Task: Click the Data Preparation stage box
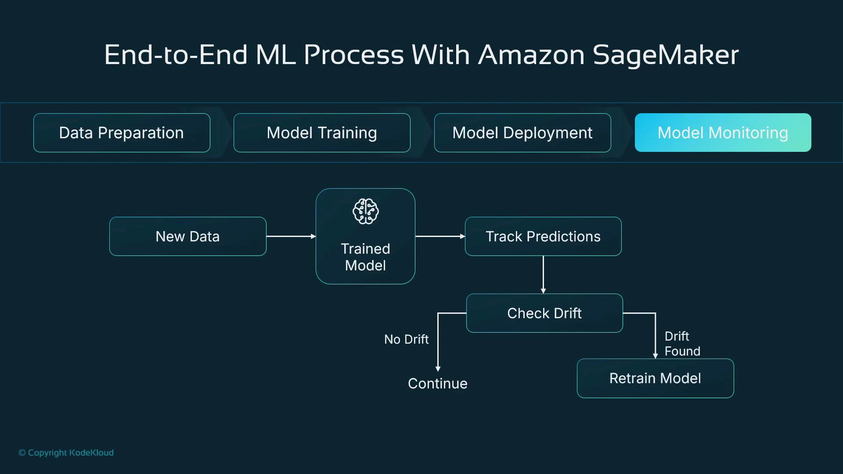tap(122, 133)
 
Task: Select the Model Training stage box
tap(322, 133)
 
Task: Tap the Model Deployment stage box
tap(522, 133)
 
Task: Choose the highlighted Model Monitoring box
tap(723, 133)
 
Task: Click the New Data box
tap(187, 237)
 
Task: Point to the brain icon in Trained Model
tap(365, 212)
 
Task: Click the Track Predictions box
tap(543, 237)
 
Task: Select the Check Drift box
tap(544, 313)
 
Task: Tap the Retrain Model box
tap(655, 378)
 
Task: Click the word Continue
tap(437, 384)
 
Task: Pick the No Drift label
tap(406, 339)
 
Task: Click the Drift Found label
tap(682, 344)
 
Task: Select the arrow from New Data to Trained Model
tap(291, 237)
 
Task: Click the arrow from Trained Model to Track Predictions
tap(440, 237)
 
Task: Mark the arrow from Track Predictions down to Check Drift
tap(543, 274)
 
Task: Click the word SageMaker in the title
tap(665, 55)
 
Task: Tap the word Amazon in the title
tap(531, 55)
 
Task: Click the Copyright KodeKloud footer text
tap(66, 452)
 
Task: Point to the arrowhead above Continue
tap(438, 369)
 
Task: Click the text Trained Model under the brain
tap(365, 257)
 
